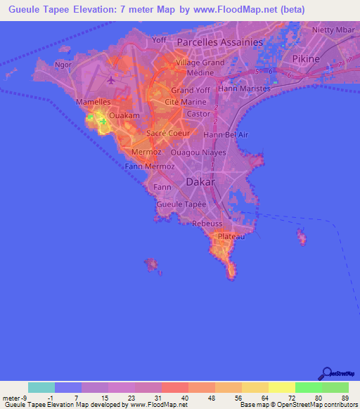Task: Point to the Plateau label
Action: pyautogui.click(x=231, y=238)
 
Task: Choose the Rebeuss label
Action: pyautogui.click(x=207, y=223)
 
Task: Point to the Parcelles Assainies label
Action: pyautogui.click(x=219, y=42)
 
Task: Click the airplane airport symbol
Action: pyautogui.click(x=111, y=80)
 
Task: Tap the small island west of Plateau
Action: pyautogui.click(x=150, y=264)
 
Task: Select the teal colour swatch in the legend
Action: pyautogui.click(x=41, y=387)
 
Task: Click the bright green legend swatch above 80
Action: pyautogui.click(x=309, y=387)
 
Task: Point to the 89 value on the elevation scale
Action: pyautogui.click(x=344, y=398)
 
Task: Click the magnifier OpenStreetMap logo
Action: pyautogui.click(x=327, y=372)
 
